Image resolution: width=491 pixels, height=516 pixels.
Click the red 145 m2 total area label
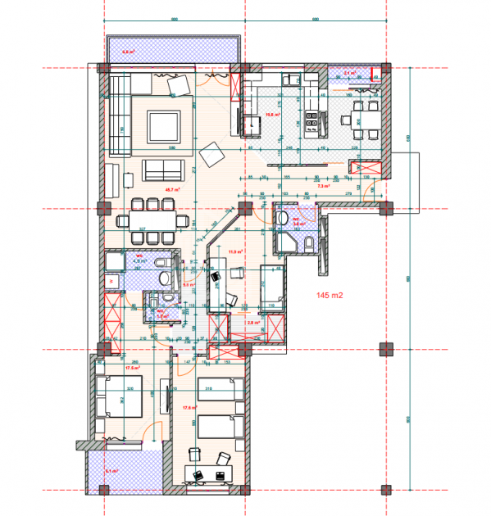click(327, 292)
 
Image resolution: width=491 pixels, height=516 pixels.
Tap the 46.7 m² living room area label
click(150, 189)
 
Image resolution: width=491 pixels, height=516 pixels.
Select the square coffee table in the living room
click(162, 127)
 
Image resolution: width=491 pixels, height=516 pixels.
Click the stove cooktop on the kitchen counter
click(312, 124)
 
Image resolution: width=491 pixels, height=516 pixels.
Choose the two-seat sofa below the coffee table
click(163, 170)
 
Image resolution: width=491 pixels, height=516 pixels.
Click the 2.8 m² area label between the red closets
click(253, 322)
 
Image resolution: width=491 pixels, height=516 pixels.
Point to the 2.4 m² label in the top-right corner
click(350, 73)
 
